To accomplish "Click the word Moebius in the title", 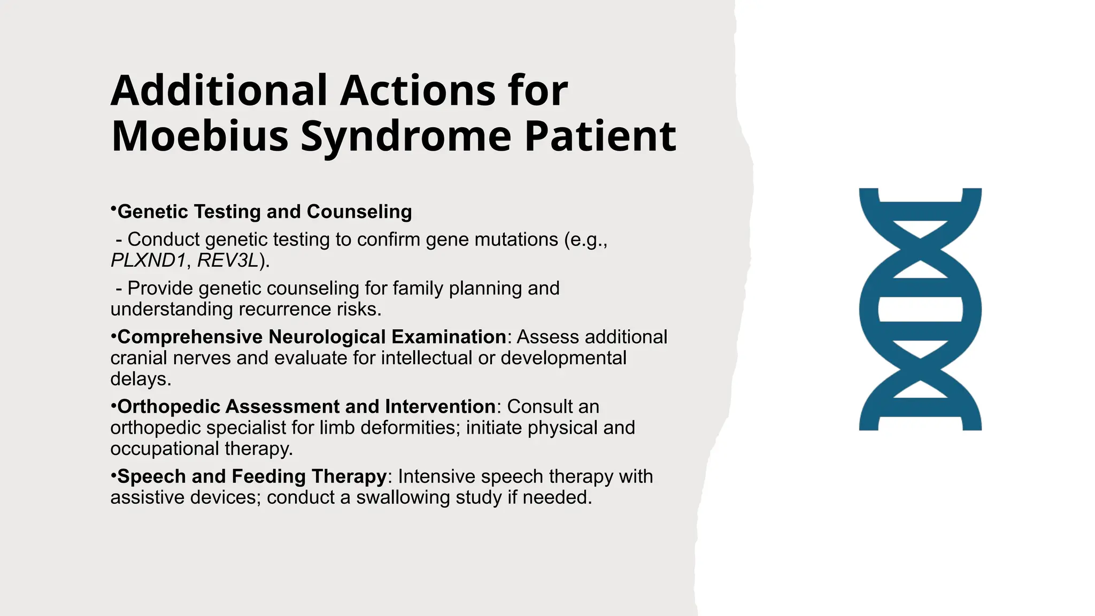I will click(199, 136).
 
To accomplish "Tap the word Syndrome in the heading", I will click(406, 137).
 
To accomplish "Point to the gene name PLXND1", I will click(148, 260).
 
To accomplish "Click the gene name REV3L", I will click(228, 260).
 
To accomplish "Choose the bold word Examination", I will click(449, 337).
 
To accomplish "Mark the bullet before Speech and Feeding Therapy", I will click(113, 475).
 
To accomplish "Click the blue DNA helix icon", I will click(920, 309).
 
